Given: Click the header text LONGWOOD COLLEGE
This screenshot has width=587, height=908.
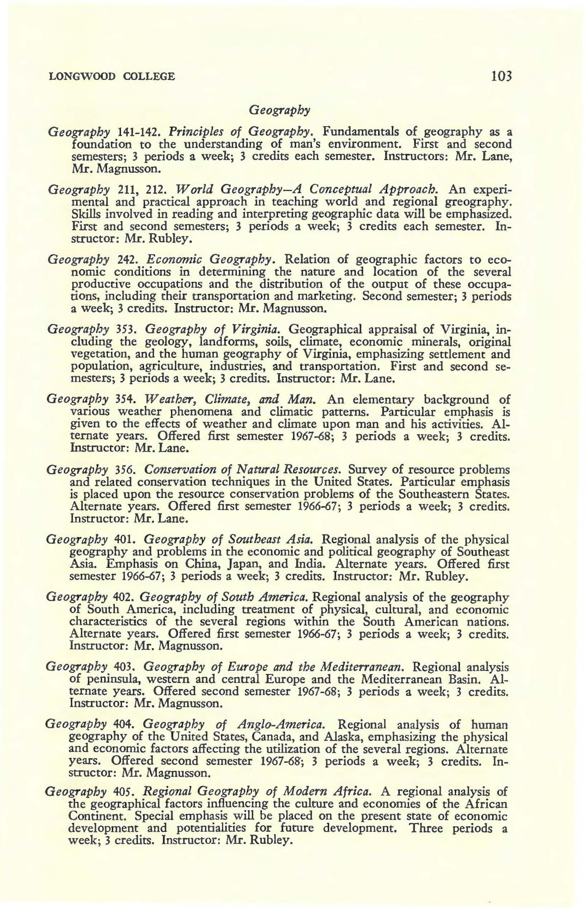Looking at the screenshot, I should (112, 76).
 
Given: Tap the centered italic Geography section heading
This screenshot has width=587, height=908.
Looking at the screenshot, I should (279, 110).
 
